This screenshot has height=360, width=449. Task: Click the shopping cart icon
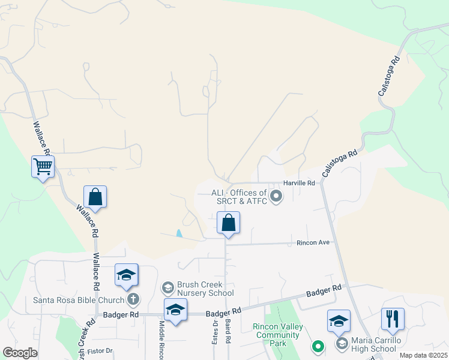43,166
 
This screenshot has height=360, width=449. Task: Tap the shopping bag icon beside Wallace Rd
95,196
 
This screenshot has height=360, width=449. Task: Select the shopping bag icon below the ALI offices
228,223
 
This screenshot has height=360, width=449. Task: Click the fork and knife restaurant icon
393,319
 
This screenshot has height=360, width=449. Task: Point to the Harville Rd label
300,183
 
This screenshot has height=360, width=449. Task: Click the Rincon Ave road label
313,242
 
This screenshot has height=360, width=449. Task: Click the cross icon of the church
133,299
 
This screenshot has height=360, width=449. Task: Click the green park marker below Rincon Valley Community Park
318,346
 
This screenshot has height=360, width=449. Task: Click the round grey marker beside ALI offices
276,196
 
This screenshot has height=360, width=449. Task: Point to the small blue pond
179,233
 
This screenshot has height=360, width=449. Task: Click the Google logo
20,353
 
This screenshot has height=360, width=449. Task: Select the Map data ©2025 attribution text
423,355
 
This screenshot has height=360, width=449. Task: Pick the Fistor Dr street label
100,350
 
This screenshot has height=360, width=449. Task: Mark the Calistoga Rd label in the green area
388,76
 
